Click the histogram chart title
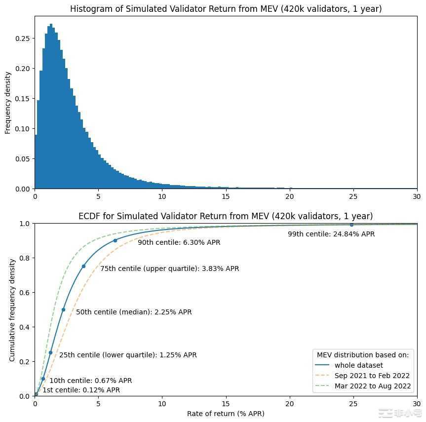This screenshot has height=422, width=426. click(226, 9)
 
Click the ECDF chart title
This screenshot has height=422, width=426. click(226, 216)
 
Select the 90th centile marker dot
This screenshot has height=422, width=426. click(115, 240)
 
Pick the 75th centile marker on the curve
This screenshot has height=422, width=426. click(83, 266)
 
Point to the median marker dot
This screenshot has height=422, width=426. click(63, 309)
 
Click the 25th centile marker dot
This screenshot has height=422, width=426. click(50, 352)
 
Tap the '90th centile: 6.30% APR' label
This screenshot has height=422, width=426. click(179, 242)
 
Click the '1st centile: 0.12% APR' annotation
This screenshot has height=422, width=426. click(81, 390)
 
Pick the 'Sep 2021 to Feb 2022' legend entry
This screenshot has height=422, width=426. click(372, 376)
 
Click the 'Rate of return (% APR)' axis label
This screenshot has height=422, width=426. click(226, 413)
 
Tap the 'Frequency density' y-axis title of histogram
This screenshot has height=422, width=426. click(7, 103)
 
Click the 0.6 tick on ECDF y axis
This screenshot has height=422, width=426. click(25, 292)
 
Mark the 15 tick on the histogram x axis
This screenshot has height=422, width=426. click(226, 196)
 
